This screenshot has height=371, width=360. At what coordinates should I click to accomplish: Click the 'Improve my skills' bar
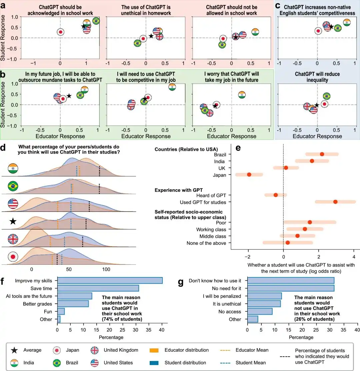pyautogui.click(x=110, y=280)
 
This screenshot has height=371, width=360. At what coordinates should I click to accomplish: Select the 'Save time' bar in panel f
pyautogui.click(x=98, y=288)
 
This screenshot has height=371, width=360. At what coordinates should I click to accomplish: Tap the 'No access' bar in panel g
pyautogui.click(x=260, y=311)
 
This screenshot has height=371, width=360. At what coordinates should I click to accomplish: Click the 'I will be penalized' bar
pyautogui.click(x=265, y=296)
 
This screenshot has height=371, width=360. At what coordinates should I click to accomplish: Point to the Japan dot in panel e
pyautogui.click(x=249, y=175)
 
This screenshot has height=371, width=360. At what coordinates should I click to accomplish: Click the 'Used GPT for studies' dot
pyautogui.click(x=335, y=202)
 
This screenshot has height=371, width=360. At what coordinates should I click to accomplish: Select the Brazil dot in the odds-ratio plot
pyautogui.click(x=322, y=154)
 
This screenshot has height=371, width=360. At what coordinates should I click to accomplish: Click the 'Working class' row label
pyautogui.click(x=211, y=229)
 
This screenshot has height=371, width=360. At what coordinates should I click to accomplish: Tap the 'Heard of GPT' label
pyautogui.click(x=211, y=195)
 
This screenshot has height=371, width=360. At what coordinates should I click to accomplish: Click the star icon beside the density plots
pyautogui.click(x=13, y=221)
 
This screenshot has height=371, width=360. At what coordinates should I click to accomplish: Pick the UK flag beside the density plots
pyautogui.click(x=13, y=239)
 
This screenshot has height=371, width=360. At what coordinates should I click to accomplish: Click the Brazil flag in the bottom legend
pyautogui.click(x=57, y=363)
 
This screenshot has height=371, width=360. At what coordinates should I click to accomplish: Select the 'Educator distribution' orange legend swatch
pyautogui.click(x=154, y=350)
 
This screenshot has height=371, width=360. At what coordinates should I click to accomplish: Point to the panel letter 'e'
pyautogui.click(x=238, y=148)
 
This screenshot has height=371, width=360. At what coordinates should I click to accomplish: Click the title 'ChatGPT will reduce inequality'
pyautogui.click(x=317, y=77)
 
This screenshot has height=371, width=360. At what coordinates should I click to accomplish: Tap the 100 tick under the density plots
pyautogui.click(x=106, y=269)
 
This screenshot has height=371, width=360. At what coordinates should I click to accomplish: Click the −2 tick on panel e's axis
pyautogui.click(x=247, y=257)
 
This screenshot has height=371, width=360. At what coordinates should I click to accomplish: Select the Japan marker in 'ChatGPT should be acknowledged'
pyautogui.click(x=61, y=32)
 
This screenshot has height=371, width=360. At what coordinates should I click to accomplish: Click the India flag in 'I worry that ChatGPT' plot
pyautogui.click(x=242, y=95)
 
